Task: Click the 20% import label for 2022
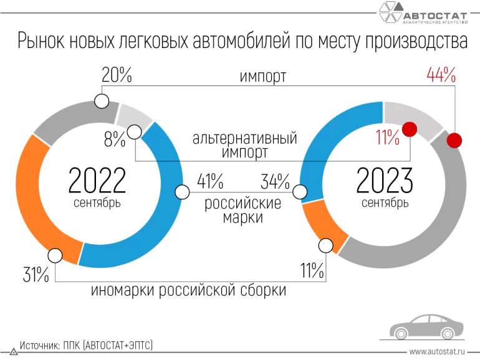point(117,76)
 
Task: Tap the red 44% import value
point(441,76)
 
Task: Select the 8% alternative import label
point(114,140)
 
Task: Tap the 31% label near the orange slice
point(36,274)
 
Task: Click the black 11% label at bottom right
point(312,271)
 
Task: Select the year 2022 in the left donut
point(97,181)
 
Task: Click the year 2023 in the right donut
point(385,181)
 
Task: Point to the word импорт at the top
point(263,77)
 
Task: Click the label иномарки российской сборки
point(189,290)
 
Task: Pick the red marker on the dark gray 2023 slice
point(455,140)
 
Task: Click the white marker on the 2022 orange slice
point(55,255)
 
